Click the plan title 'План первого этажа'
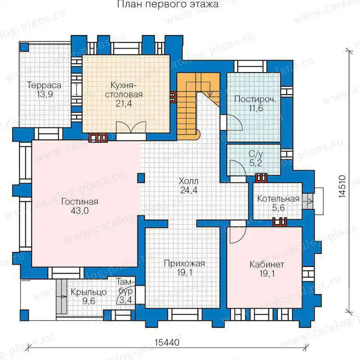(168, 4)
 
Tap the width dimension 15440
(167, 342)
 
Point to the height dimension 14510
(342, 186)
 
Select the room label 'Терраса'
(44, 85)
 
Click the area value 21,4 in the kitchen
(124, 103)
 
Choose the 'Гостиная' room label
(80, 202)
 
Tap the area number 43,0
(80, 211)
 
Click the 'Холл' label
(189, 181)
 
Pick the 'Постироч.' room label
(255, 99)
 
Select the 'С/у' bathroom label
(256, 153)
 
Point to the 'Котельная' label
(278, 198)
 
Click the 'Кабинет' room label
(267, 265)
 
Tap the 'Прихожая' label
(184, 263)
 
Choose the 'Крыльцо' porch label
(89, 292)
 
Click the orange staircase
(198, 106)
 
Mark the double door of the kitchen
(131, 127)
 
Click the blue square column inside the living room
(141, 178)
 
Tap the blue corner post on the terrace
(24, 47)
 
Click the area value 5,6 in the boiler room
(278, 208)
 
